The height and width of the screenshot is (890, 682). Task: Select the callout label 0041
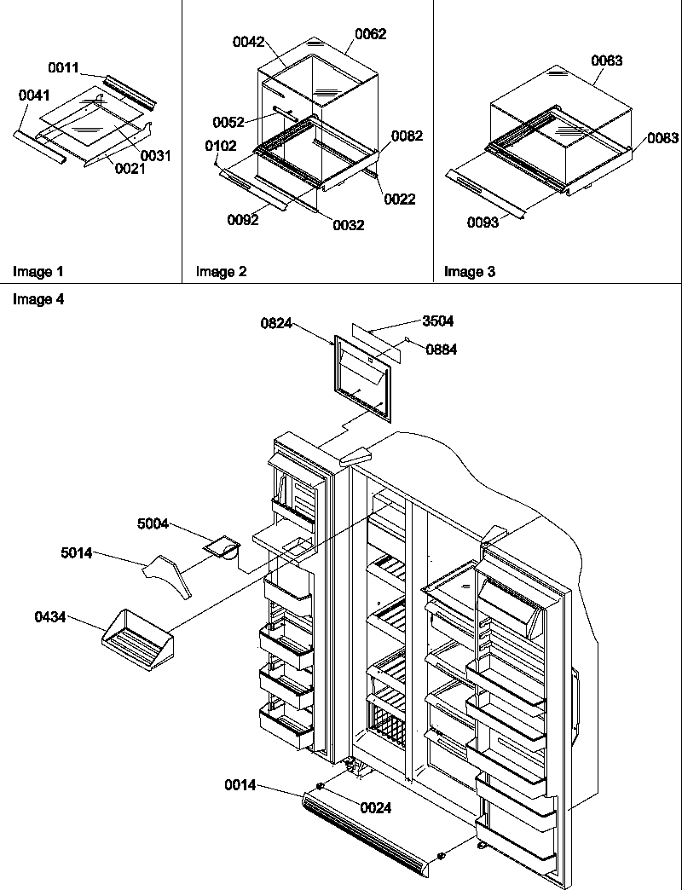(33, 96)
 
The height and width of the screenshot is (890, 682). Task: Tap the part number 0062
(370, 34)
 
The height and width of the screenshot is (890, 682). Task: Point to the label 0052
(227, 122)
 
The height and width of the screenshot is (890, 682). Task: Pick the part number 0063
(606, 61)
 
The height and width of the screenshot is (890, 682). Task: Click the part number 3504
(438, 321)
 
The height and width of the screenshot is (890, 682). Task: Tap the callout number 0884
(441, 349)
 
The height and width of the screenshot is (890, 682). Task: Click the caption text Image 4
(38, 299)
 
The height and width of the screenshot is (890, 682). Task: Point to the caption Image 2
(221, 272)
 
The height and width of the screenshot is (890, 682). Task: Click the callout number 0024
(375, 807)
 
